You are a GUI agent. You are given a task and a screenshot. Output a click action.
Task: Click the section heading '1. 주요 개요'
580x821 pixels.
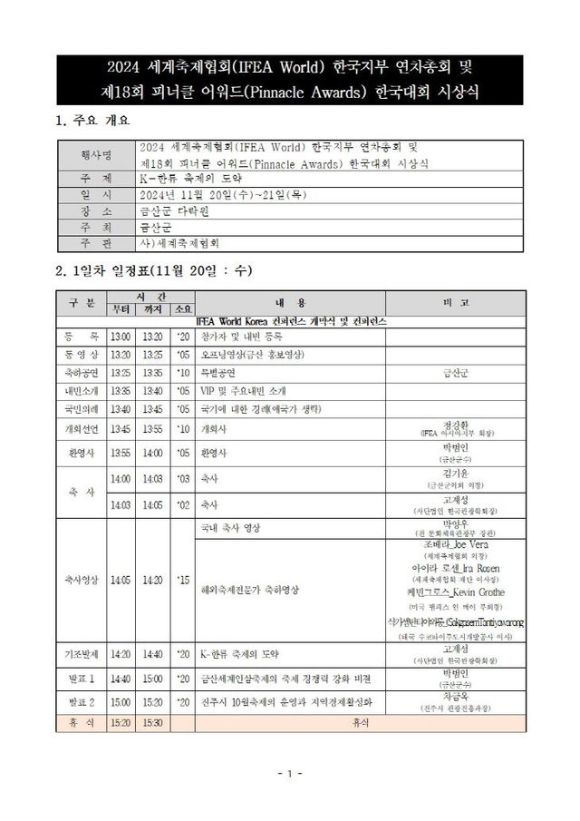coord(94,119)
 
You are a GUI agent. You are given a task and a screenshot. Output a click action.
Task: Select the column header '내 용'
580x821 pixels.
coord(290,302)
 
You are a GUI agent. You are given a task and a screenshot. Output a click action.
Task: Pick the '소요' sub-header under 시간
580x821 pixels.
coord(182,309)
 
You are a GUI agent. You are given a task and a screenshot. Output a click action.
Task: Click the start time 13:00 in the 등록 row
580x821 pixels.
coord(120,336)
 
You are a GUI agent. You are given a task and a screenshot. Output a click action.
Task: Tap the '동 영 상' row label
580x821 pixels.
coord(82,353)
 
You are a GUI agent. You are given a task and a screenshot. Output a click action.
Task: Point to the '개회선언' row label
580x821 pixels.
coord(82,427)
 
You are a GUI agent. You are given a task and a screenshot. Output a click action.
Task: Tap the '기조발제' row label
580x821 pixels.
coord(82,653)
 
